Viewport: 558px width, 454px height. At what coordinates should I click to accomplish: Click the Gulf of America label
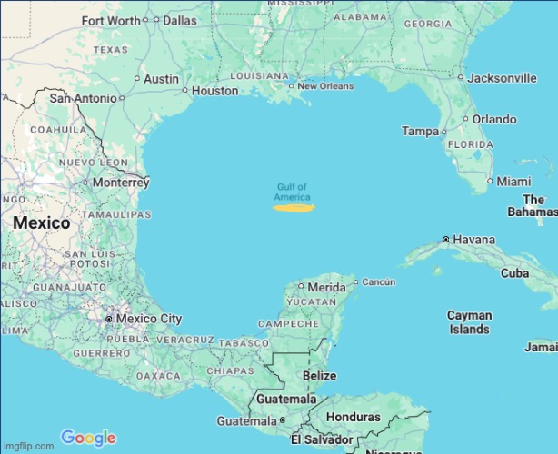pos(293,192)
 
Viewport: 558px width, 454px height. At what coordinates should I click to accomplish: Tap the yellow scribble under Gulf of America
pos(294,208)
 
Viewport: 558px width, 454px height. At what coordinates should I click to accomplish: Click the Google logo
pos(88,438)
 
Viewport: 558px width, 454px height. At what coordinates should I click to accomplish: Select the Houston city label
pos(215,91)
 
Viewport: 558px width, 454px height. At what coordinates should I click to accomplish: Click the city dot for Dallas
pos(156,20)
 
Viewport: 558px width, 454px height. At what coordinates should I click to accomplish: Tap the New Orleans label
pos(325,86)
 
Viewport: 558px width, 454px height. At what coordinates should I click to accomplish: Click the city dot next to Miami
pos(490,182)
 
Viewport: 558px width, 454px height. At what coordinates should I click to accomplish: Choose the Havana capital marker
pos(445,240)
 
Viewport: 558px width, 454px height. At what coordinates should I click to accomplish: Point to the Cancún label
pos(379,282)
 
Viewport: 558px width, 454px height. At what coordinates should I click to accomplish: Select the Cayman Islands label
pos(470,322)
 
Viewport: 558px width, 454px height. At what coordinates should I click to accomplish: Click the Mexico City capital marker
pos(109,319)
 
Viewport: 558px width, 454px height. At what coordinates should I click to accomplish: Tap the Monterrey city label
pos(121,183)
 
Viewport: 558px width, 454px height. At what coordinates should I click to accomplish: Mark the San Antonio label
pos(83,98)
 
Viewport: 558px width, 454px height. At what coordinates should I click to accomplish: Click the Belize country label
pos(319,376)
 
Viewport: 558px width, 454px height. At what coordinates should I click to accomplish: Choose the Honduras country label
pos(354,417)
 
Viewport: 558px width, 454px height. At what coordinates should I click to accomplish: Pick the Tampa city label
pos(420,132)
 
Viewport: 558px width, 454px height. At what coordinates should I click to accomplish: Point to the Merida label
pos(326,288)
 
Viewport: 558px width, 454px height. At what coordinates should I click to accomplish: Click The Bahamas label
pos(533,205)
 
